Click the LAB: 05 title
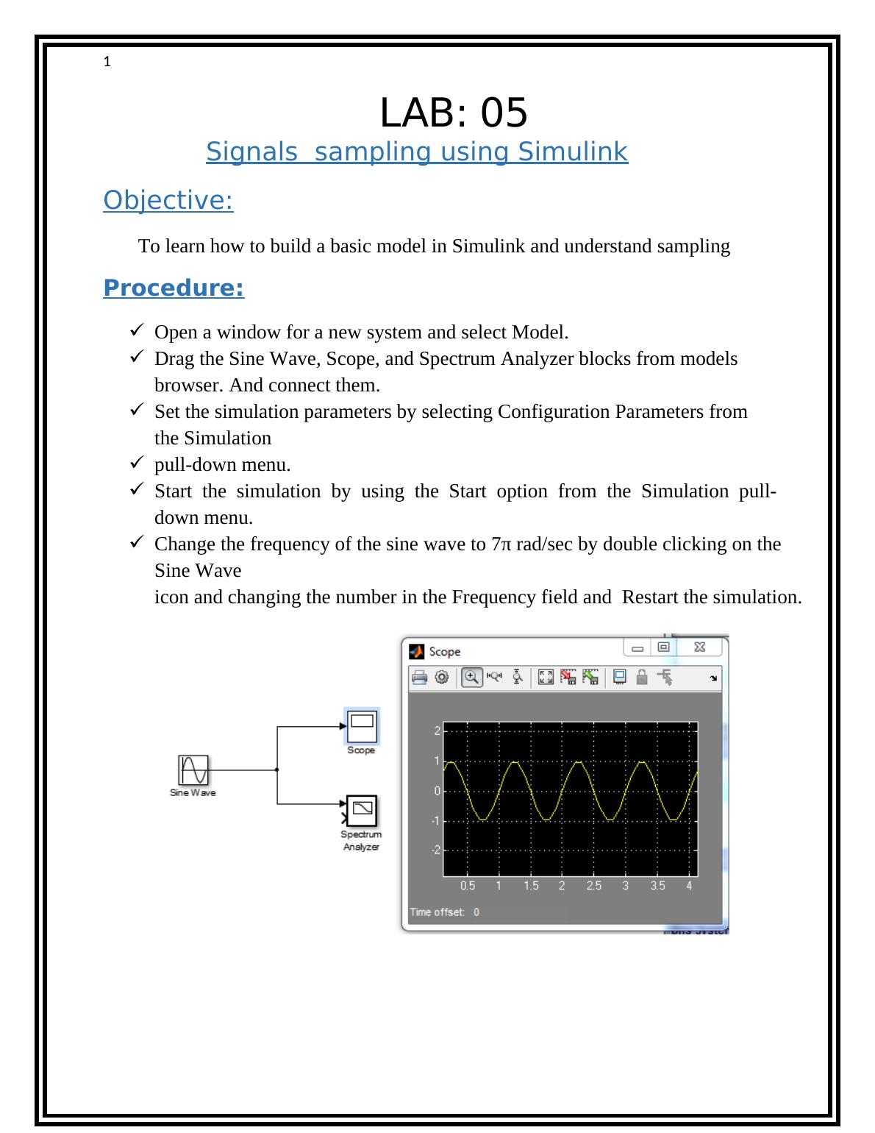[454, 113]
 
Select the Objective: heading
[168, 200]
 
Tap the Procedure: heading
[174, 288]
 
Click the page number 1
[107, 63]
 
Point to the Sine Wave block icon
[193, 770]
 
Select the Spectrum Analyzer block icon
[362, 811]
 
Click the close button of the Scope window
[699, 647]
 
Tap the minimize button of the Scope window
[637, 647]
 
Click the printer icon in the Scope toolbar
[418, 678]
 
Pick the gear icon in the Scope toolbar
[441, 678]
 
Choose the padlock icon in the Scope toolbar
[642, 678]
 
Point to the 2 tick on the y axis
[437, 731]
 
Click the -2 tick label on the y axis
[435, 850]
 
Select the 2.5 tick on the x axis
[593, 886]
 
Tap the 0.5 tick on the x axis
[467, 886]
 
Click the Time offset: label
[438, 912]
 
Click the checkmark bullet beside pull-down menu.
[137, 463]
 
